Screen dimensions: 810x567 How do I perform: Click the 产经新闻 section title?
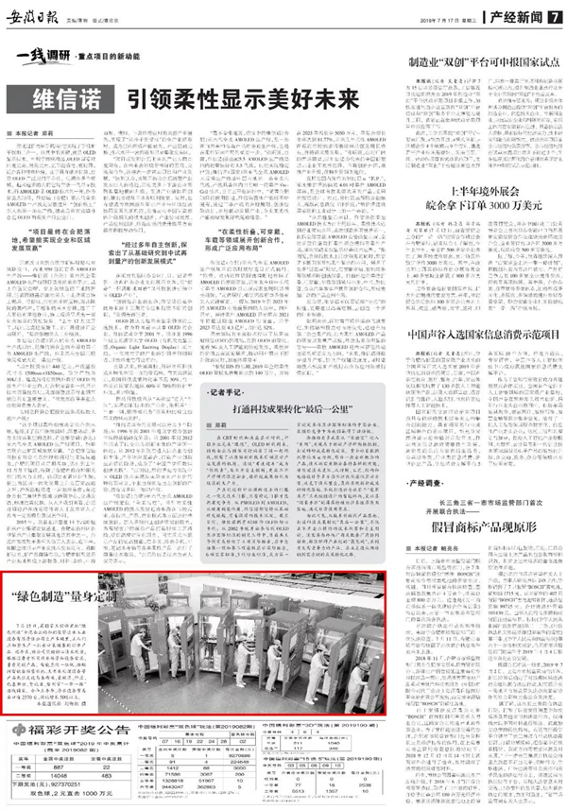click(525, 17)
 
